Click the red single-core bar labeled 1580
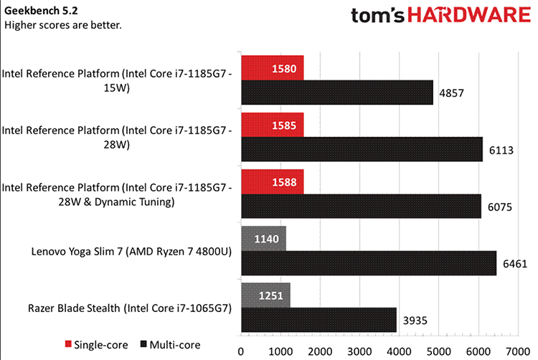[273, 68]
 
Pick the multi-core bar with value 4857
[337, 93]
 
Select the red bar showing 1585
[273, 125]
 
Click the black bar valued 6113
[362, 148]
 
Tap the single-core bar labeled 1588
[273, 181]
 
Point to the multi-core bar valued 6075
[361, 205]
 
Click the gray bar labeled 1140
[264, 238]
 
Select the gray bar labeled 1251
[266, 295]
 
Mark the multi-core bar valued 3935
[319, 319]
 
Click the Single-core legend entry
[93, 346]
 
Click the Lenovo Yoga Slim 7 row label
[129, 251]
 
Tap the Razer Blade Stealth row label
[128, 308]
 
